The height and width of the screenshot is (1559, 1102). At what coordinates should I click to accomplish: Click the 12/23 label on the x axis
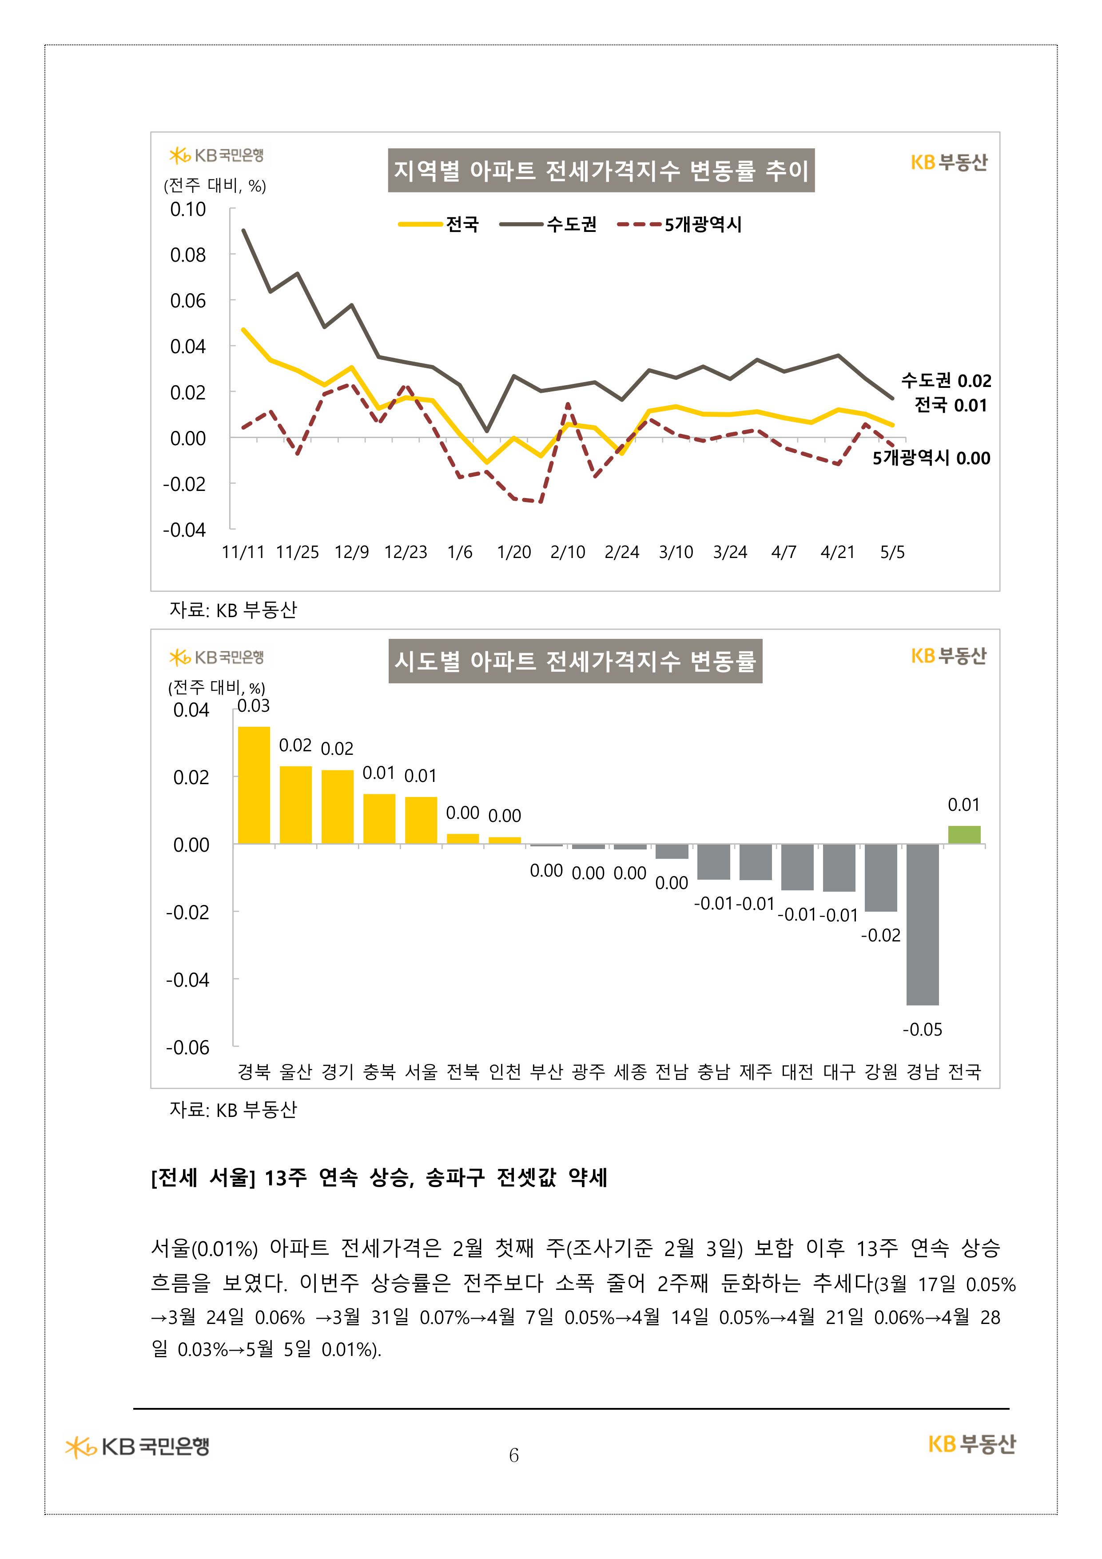406,552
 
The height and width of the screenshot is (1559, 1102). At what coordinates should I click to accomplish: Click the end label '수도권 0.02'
946,380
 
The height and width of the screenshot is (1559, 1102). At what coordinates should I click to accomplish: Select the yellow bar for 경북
254,785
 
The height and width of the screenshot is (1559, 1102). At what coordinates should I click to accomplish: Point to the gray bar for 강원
881,877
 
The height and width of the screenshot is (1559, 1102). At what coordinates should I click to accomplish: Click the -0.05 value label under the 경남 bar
922,1029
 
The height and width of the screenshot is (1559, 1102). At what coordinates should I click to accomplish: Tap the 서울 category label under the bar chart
421,1072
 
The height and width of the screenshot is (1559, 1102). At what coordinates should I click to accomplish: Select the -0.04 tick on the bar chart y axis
187,980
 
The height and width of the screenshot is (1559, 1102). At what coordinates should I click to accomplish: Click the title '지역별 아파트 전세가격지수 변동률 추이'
601,171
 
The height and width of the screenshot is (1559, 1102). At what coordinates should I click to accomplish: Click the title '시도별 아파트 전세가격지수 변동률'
575,661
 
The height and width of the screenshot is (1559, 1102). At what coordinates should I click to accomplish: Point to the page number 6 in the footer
514,1455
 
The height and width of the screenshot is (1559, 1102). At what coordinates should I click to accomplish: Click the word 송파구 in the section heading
455,1177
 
